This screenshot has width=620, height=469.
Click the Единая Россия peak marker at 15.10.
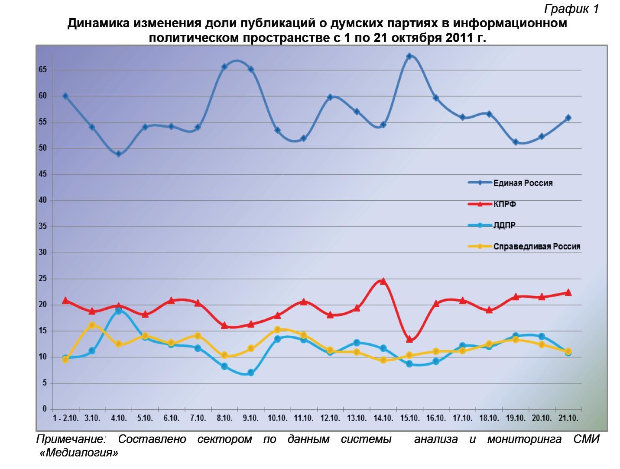coord(409,56)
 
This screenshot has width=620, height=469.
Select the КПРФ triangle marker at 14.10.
coord(383,281)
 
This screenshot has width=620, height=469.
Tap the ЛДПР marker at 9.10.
coord(250,373)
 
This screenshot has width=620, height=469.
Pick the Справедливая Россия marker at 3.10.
coord(92,325)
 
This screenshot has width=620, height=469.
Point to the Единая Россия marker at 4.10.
coord(118,154)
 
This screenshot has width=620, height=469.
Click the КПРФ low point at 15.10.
coord(409,339)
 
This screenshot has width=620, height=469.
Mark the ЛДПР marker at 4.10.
coord(118,311)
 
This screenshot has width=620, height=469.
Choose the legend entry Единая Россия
coord(523,183)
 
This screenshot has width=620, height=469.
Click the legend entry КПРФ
coord(504,204)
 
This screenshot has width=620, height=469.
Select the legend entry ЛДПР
coord(504,225)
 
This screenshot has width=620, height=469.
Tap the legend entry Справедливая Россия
coord(536,247)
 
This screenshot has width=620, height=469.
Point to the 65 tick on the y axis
coord(43,70)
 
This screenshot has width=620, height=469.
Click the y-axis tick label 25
coord(43,279)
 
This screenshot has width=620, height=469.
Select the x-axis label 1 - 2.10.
coord(65,418)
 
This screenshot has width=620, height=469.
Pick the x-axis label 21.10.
coord(568,418)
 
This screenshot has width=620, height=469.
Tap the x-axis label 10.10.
coord(277,418)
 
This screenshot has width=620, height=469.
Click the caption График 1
coord(571,9)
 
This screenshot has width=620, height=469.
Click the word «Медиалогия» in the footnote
coord(78,453)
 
